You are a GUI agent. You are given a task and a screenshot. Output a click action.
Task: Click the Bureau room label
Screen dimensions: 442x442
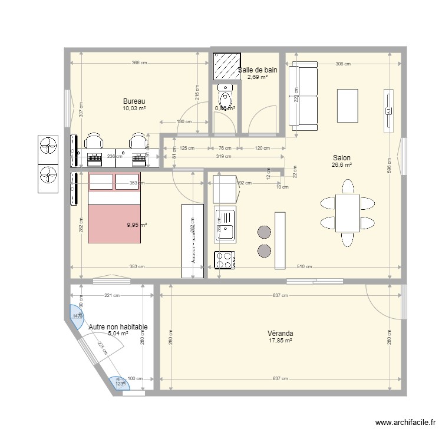[x=134, y=101]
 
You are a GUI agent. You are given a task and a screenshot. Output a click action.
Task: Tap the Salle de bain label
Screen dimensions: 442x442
[x=258, y=70]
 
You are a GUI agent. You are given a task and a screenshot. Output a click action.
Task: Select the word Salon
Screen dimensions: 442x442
[x=341, y=158]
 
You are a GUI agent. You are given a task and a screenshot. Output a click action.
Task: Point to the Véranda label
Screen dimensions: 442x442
[x=281, y=333]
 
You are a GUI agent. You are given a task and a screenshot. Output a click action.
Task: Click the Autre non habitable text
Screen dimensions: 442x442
[x=118, y=326]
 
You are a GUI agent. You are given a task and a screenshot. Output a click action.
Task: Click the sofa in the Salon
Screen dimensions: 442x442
[x=303, y=97]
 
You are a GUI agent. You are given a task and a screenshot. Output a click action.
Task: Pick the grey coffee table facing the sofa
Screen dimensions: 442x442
[x=347, y=105]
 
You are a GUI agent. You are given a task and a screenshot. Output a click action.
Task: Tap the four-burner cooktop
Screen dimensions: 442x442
[x=225, y=260]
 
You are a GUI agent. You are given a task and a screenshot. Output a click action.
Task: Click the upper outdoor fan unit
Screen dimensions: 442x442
[x=48, y=147]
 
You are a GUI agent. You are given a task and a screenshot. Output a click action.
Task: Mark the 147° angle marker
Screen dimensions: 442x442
[x=77, y=315]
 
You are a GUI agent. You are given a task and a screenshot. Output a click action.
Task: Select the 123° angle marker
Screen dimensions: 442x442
[x=119, y=384]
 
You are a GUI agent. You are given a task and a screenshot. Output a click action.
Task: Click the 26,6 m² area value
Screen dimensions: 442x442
[x=342, y=166]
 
